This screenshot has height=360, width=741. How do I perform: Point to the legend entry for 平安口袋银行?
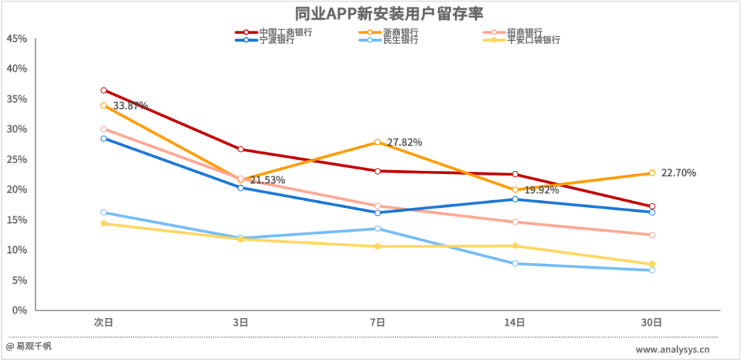pyautogui.click(x=533, y=40)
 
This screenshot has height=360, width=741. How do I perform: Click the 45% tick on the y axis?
pyautogui.click(x=16, y=39)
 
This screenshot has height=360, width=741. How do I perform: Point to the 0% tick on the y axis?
pyautogui.click(x=19, y=311)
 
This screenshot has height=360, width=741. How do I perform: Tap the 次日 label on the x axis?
pyautogui.click(x=104, y=322)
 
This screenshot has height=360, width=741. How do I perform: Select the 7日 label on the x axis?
pyautogui.click(x=377, y=322)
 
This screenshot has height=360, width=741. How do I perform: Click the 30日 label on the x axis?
pyautogui.click(x=652, y=322)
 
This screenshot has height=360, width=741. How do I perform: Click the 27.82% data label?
pyautogui.click(x=405, y=143)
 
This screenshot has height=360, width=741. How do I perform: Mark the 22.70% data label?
pyautogui.click(x=679, y=173)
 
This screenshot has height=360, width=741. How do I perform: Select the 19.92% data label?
pyautogui.click(x=542, y=190)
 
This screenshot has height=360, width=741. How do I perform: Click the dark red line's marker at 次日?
pyautogui.click(x=104, y=91)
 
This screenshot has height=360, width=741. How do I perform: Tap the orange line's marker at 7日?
pyautogui.click(x=377, y=142)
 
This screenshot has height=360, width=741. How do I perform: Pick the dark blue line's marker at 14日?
pyautogui.click(x=515, y=199)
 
